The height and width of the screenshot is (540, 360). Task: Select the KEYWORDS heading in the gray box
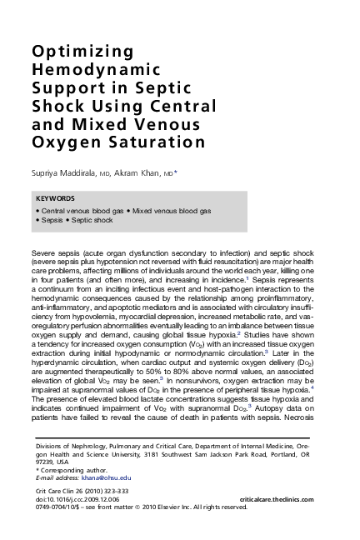pyautogui.click(x=56, y=200)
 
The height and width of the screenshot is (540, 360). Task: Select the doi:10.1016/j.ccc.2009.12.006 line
pyautogui.click(x=79, y=497)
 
